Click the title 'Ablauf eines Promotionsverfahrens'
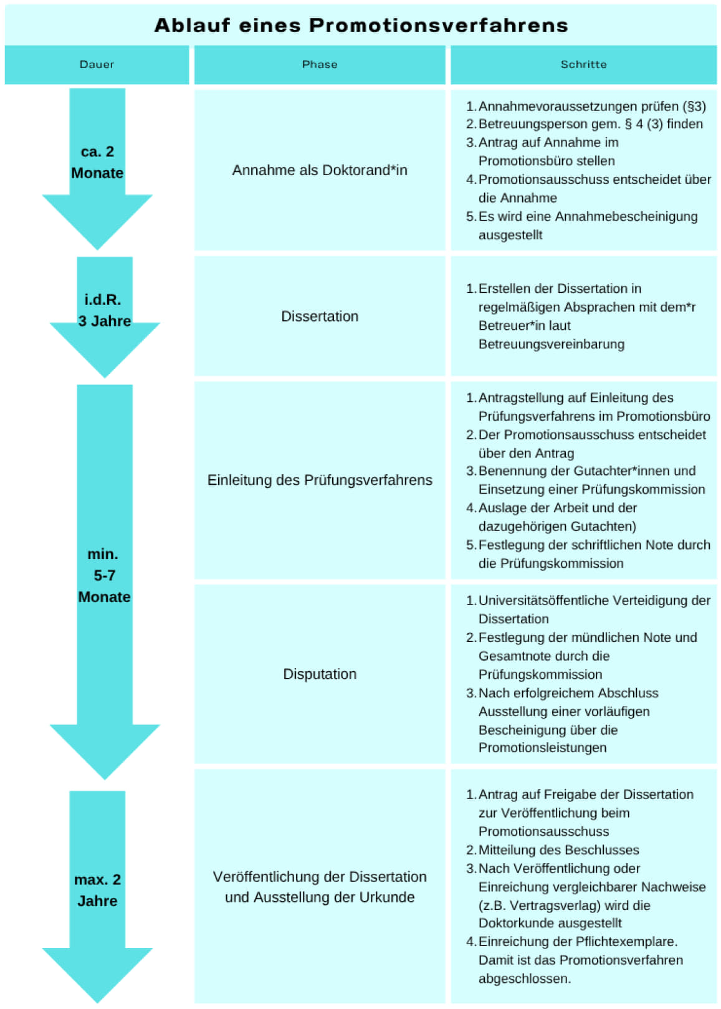[x=361, y=26]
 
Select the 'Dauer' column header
[x=97, y=64]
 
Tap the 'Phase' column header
[x=320, y=64]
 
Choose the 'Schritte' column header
[x=583, y=64]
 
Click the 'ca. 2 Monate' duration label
[x=97, y=162]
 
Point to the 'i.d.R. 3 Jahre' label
[x=104, y=310]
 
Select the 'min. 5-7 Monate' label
[x=104, y=575]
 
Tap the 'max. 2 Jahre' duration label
[x=97, y=890]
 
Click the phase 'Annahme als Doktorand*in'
[x=320, y=170]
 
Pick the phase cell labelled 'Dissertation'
[x=320, y=317]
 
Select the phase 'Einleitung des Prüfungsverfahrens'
[x=320, y=481]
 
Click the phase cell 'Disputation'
[x=320, y=674]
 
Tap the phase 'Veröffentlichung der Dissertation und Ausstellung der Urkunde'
[x=320, y=887]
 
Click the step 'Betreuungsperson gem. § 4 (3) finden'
[x=590, y=124]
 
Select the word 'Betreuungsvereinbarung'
[x=551, y=344]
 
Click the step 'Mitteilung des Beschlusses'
[x=558, y=850]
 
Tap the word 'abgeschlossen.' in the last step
[x=524, y=978]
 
